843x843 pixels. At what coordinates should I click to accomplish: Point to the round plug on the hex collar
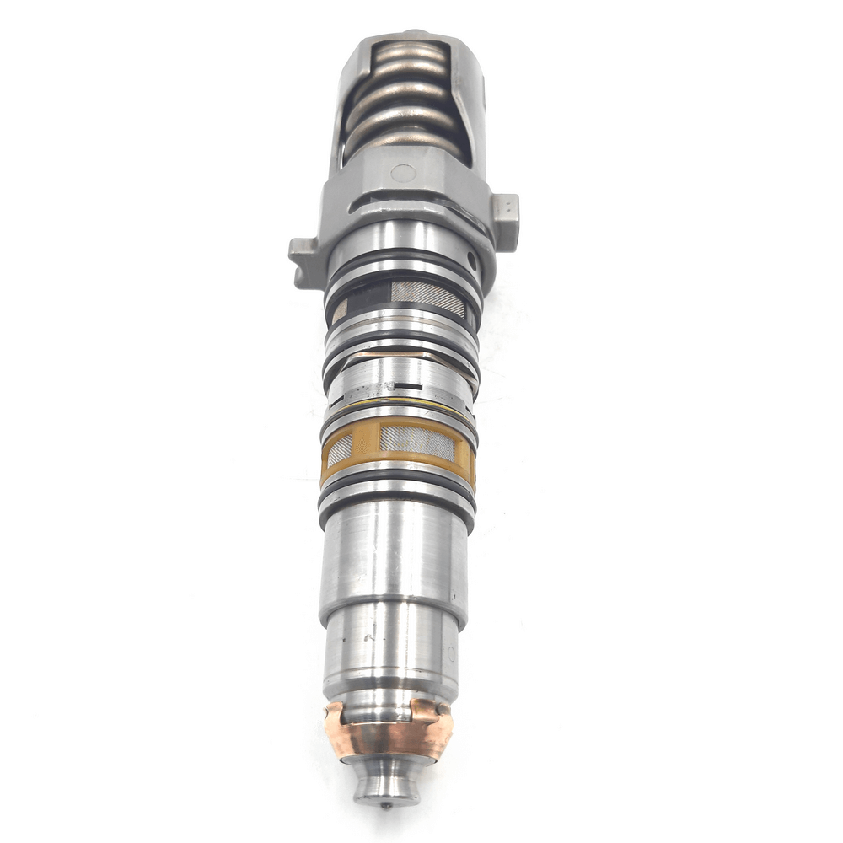pos(403,174)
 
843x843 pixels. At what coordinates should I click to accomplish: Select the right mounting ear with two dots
pos(506,209)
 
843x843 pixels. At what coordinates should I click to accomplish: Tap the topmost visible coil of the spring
pos(411,53)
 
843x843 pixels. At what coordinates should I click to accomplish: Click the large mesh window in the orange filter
pos(416,441)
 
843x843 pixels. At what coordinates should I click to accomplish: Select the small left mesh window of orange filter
pos(339,450)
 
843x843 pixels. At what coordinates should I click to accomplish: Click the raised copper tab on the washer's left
pos(333,715)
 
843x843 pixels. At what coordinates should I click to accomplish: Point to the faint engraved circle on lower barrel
pos(452,653)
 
